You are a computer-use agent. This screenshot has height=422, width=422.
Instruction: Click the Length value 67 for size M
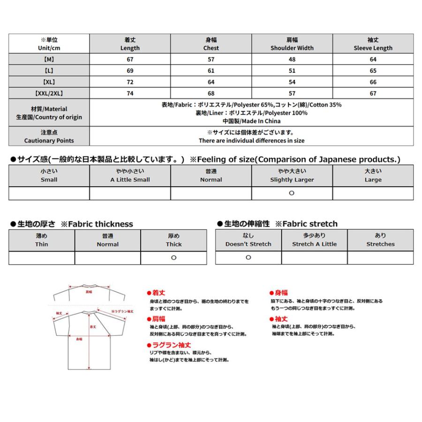[x=130, y=60]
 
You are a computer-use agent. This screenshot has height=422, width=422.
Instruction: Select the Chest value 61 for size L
[x=211, y=71]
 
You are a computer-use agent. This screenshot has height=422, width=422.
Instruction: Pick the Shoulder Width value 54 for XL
[x=292, y=82]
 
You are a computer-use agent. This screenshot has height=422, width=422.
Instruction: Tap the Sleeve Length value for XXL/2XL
[x=373, y=93]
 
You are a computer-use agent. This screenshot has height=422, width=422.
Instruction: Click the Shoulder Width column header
[x=292, y=44]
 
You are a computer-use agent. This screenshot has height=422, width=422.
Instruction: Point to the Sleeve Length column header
[x=373, y=44]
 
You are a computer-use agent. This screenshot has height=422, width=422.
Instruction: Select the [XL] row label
[x=49, y=82]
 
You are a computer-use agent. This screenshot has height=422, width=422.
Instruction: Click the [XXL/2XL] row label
[x=49, y=93]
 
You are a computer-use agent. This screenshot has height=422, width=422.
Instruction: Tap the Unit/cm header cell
[x=49, y=44]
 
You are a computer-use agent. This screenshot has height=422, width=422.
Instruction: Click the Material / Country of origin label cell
[x=49, y=113]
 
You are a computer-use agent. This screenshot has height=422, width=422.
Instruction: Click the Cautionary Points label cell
[x=49, y=136]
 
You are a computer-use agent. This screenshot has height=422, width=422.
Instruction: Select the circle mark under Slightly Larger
[x=292, y=193]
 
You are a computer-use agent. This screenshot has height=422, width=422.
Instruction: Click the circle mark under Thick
[x=173, y=258]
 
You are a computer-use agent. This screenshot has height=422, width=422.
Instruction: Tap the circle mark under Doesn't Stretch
[x=248, y=257]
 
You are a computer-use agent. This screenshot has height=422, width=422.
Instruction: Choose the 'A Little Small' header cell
[x=130, y=175]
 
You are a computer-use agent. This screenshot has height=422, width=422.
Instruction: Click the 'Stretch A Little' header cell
[x=314, y=240]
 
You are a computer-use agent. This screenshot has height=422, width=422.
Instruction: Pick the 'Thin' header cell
[x=41, y=240]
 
